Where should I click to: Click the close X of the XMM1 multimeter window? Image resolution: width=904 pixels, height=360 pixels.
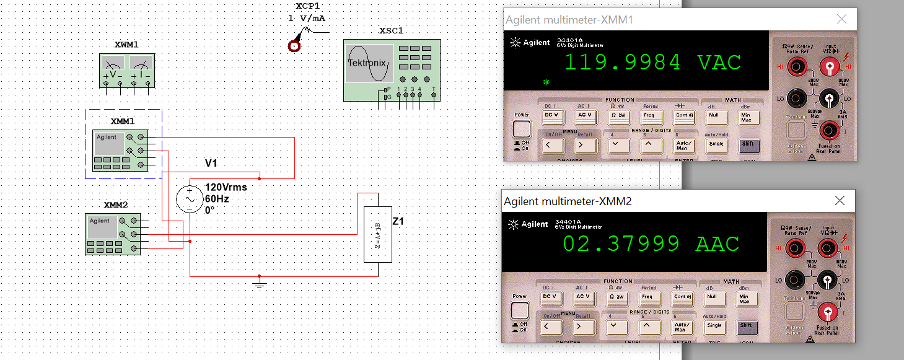tap(841, 19)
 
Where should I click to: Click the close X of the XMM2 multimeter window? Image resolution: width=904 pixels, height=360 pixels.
tap(840, 201)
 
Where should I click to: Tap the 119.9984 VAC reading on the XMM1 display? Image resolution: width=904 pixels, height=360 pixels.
tap(652, 63)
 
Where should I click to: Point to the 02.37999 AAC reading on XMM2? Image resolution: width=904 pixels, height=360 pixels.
tap(651, 244)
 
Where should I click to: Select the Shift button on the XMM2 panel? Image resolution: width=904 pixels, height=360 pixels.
tap(746, 325)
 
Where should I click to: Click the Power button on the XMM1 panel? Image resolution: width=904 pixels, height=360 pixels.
tap(522, 128)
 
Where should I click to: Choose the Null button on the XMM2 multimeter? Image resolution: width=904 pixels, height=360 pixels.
tap(712, 296)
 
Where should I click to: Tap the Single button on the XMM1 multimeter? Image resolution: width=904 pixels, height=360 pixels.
tap(716, 144)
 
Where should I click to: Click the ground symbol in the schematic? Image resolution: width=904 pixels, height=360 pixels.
tap(260, 284)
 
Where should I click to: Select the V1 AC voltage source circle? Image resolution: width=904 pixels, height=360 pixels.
tap(190, 199)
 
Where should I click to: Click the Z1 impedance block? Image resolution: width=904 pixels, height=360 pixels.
tap(377, 235)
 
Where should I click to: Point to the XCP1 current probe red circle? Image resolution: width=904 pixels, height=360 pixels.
tap(294, 45)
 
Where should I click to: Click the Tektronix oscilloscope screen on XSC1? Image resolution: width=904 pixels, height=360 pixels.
tap(369, 63)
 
